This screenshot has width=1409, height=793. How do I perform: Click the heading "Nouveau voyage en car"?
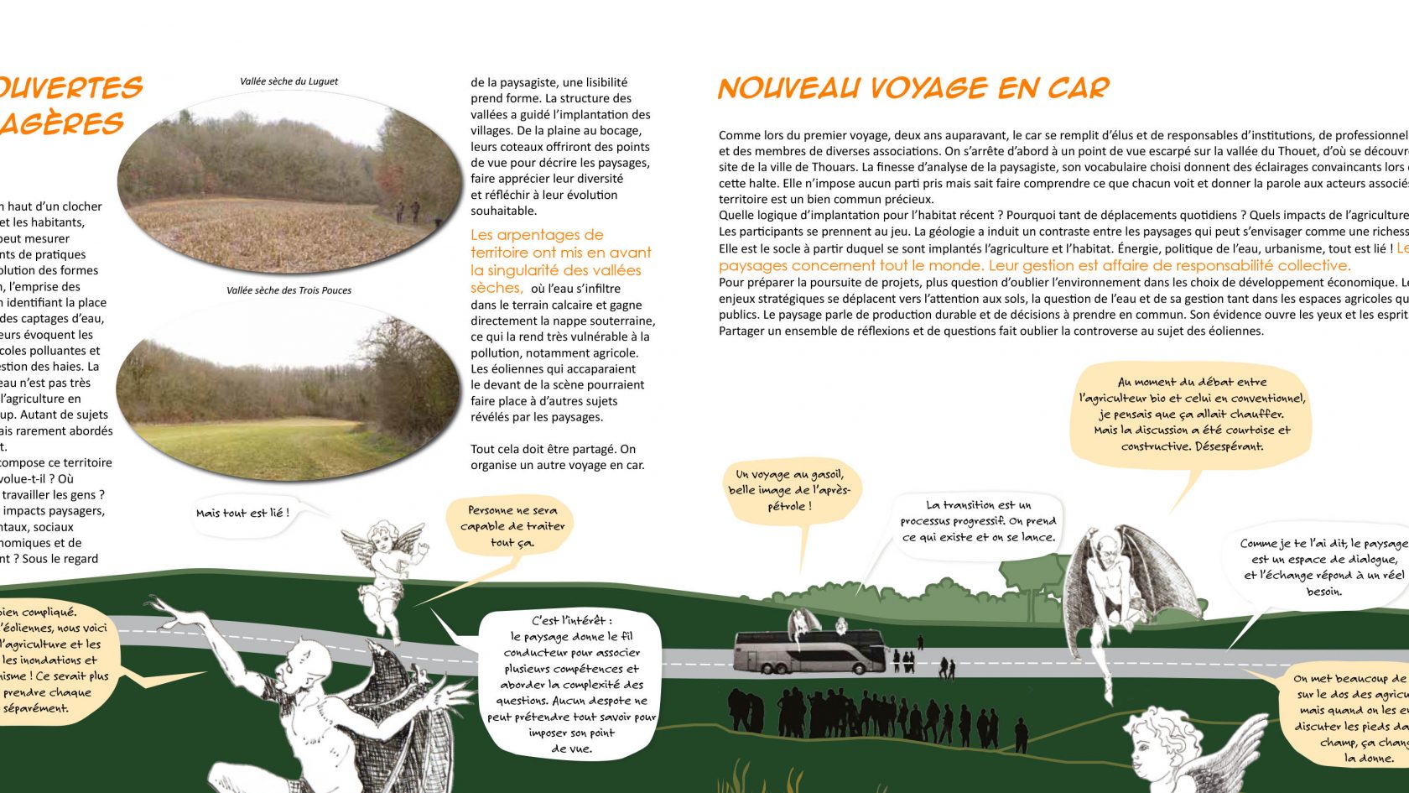coord(913,88)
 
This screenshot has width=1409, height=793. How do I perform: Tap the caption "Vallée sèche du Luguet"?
coord(289,81)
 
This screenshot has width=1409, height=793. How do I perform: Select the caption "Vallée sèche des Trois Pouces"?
coord(289,290)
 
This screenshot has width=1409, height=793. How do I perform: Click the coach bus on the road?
coord(809,652)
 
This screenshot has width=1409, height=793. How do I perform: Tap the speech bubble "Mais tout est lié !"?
coord(243,513)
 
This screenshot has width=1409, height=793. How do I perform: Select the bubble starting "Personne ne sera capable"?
coord(512,526)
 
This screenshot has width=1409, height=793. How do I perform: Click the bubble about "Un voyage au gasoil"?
coord(788,490)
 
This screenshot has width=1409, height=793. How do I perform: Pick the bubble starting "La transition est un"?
coord(978,521)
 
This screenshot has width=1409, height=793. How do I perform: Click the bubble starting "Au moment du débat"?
coord(1192,414)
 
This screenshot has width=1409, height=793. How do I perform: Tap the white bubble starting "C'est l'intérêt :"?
coord(571,684)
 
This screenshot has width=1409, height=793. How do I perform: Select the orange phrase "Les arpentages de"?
coord(537,235)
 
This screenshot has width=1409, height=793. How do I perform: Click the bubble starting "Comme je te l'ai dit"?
coord(1323,566)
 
